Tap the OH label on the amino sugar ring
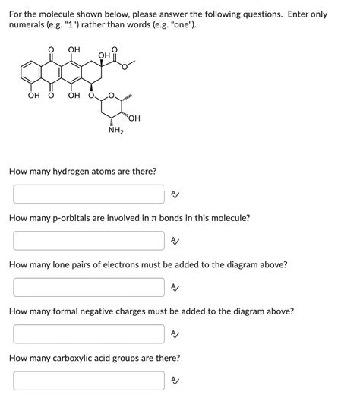(135, 117)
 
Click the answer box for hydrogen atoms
(88, 194)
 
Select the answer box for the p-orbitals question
(88, 241)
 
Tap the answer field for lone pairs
(88, 287)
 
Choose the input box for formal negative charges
(88, 334)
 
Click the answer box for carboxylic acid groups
(88, 381)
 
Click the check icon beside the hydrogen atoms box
(175, 194)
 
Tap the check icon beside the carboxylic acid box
(175, 381)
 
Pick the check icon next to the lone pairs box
(175, 287)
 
